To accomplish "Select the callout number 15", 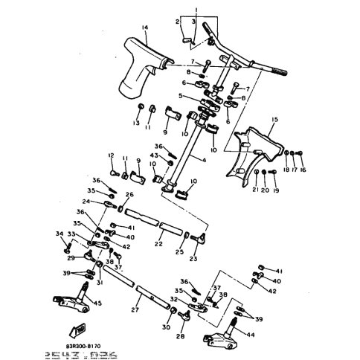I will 274,119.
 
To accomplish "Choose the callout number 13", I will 137,123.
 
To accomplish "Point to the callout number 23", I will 193,259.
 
